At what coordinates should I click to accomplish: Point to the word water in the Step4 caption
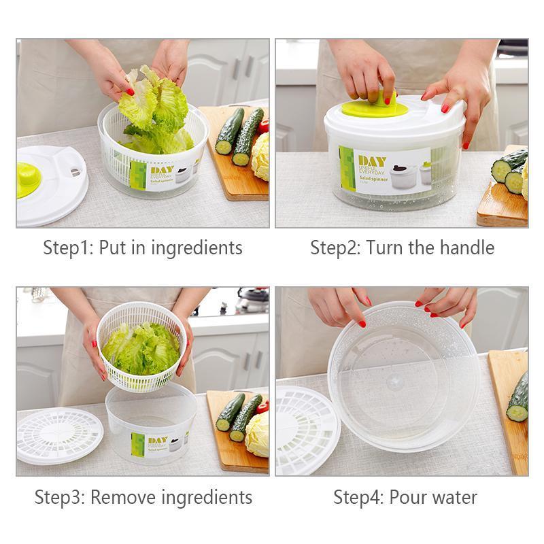[x=455, y=497]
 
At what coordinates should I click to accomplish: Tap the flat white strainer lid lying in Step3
[x=58, y=436]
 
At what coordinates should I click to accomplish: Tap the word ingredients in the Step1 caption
[x=197, y=248]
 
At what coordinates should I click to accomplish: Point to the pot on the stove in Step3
[x=252, y=300]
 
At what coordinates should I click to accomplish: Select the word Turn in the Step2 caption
[x=385, y=248]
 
